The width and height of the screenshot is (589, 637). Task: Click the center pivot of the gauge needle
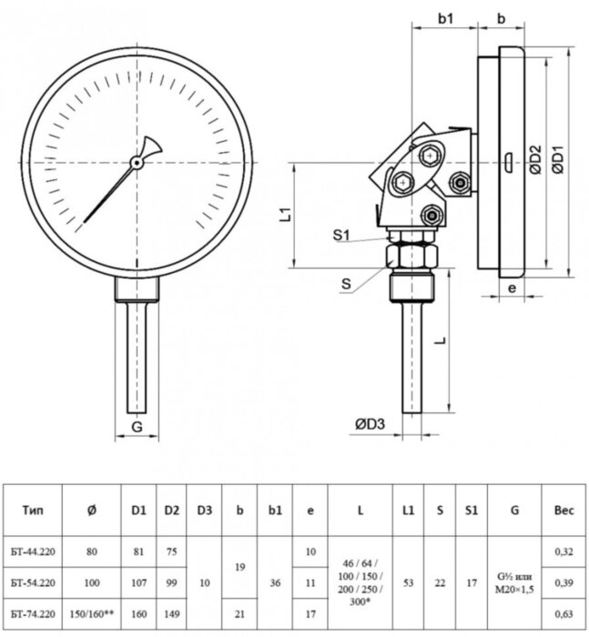(x=136, y=163)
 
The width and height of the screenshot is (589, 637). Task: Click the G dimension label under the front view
(x=137, y=426)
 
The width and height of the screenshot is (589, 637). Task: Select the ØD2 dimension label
(x=535, y=160)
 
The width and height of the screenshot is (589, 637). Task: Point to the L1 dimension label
(x=285, y=216)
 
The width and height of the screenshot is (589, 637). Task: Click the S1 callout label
(x=341, y=236)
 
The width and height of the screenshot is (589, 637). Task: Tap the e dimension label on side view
(x=511, y=288)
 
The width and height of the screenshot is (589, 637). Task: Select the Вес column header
(x=564, y=511)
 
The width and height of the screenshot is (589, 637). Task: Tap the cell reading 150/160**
(x=92, y=613)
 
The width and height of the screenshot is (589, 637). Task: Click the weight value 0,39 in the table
(x=564, y=581)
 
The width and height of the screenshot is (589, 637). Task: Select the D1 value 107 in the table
(x=138, y=581)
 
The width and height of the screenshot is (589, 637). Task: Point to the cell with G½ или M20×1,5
(x=514, y=581)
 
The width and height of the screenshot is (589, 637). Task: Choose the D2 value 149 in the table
(x=171, y=613)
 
